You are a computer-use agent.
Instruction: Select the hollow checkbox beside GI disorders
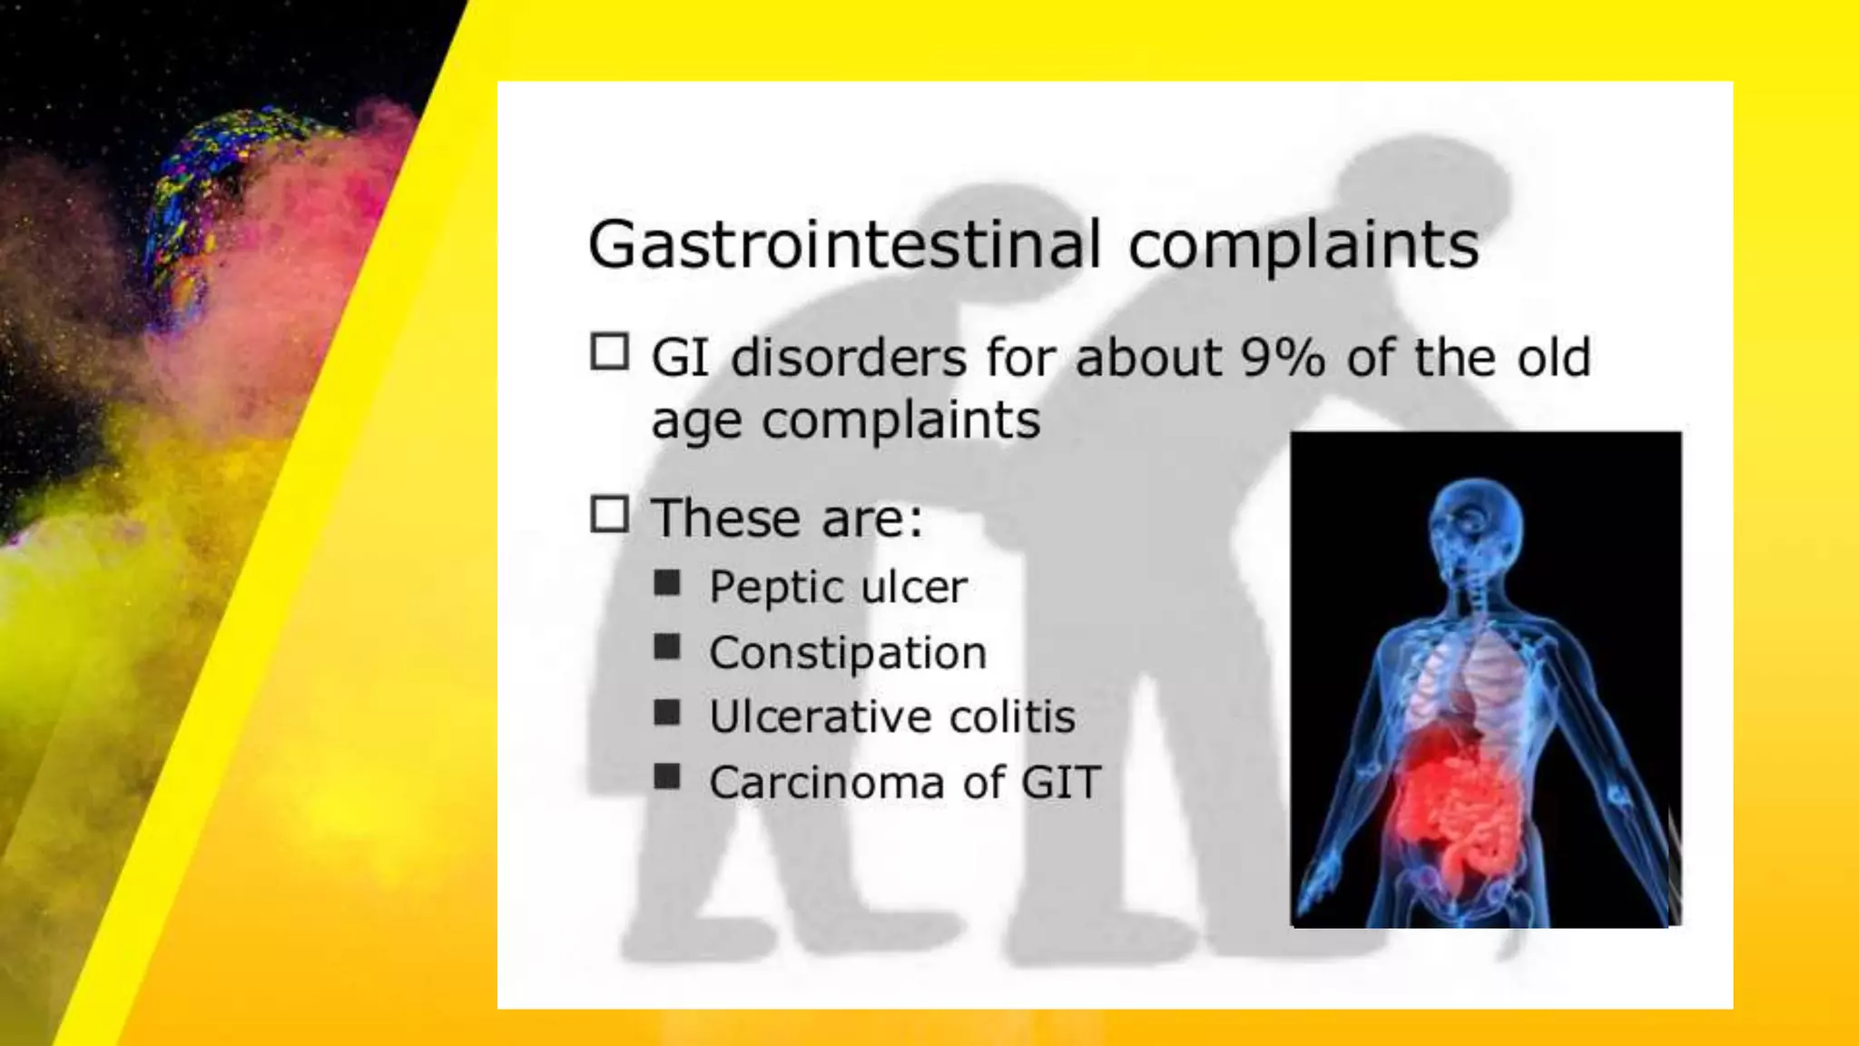click(610, 352)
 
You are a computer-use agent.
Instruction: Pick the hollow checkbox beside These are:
click(610, 514)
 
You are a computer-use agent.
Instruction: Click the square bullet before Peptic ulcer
click(667, 582)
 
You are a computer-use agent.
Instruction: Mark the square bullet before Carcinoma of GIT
click(667, 777)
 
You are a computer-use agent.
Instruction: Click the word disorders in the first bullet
click(848, 358)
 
